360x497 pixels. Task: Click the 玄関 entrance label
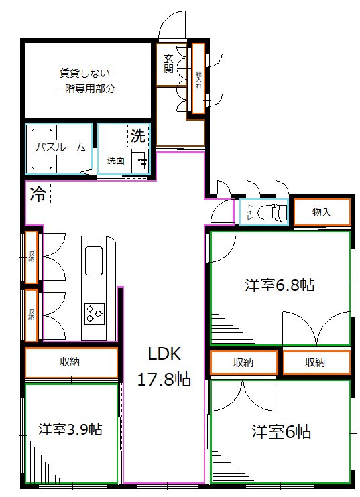coord(168,63)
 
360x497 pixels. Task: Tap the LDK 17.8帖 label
coord(164,367)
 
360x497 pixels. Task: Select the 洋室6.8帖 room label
coord(279,285)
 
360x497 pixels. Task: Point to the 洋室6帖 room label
coord(282,431)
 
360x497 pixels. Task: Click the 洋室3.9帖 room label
coord(70,429)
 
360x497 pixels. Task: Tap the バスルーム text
coord(60,148)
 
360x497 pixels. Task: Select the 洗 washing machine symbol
coord(137,135)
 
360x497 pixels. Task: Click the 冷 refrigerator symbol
coord(38,195)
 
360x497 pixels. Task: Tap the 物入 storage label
coord(322,212)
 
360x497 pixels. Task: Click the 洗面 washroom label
coord(115,160)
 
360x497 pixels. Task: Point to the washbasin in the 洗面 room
coord(139,161)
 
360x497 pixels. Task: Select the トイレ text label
coord(249,212)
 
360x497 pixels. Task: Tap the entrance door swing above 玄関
coord(171,27)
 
